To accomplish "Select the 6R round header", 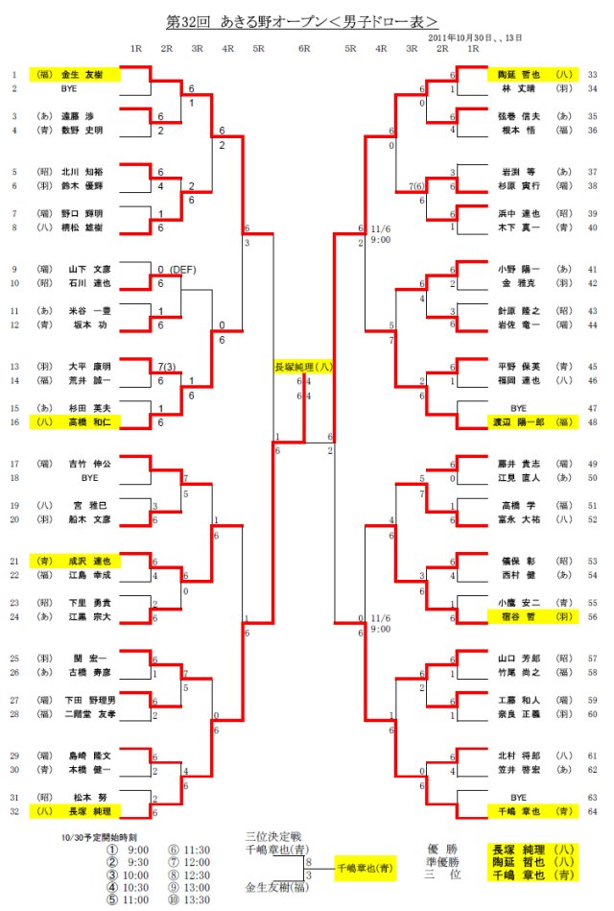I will click(x=304, y=48).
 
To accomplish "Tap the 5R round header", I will click(x=350, y=48).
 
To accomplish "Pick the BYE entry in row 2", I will click(x=68, y=88).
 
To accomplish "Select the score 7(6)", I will click(x=417, y=185).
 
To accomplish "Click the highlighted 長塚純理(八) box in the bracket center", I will click(x=305, y=366).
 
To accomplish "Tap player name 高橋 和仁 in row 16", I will click(x=87, y=421).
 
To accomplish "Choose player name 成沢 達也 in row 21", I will click(x=87, y=561).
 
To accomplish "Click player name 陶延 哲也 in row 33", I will click(x=519, y=74).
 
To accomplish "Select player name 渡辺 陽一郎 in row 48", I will click(x=519, y=421).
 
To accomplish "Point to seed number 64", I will click(x=592, y=811).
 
